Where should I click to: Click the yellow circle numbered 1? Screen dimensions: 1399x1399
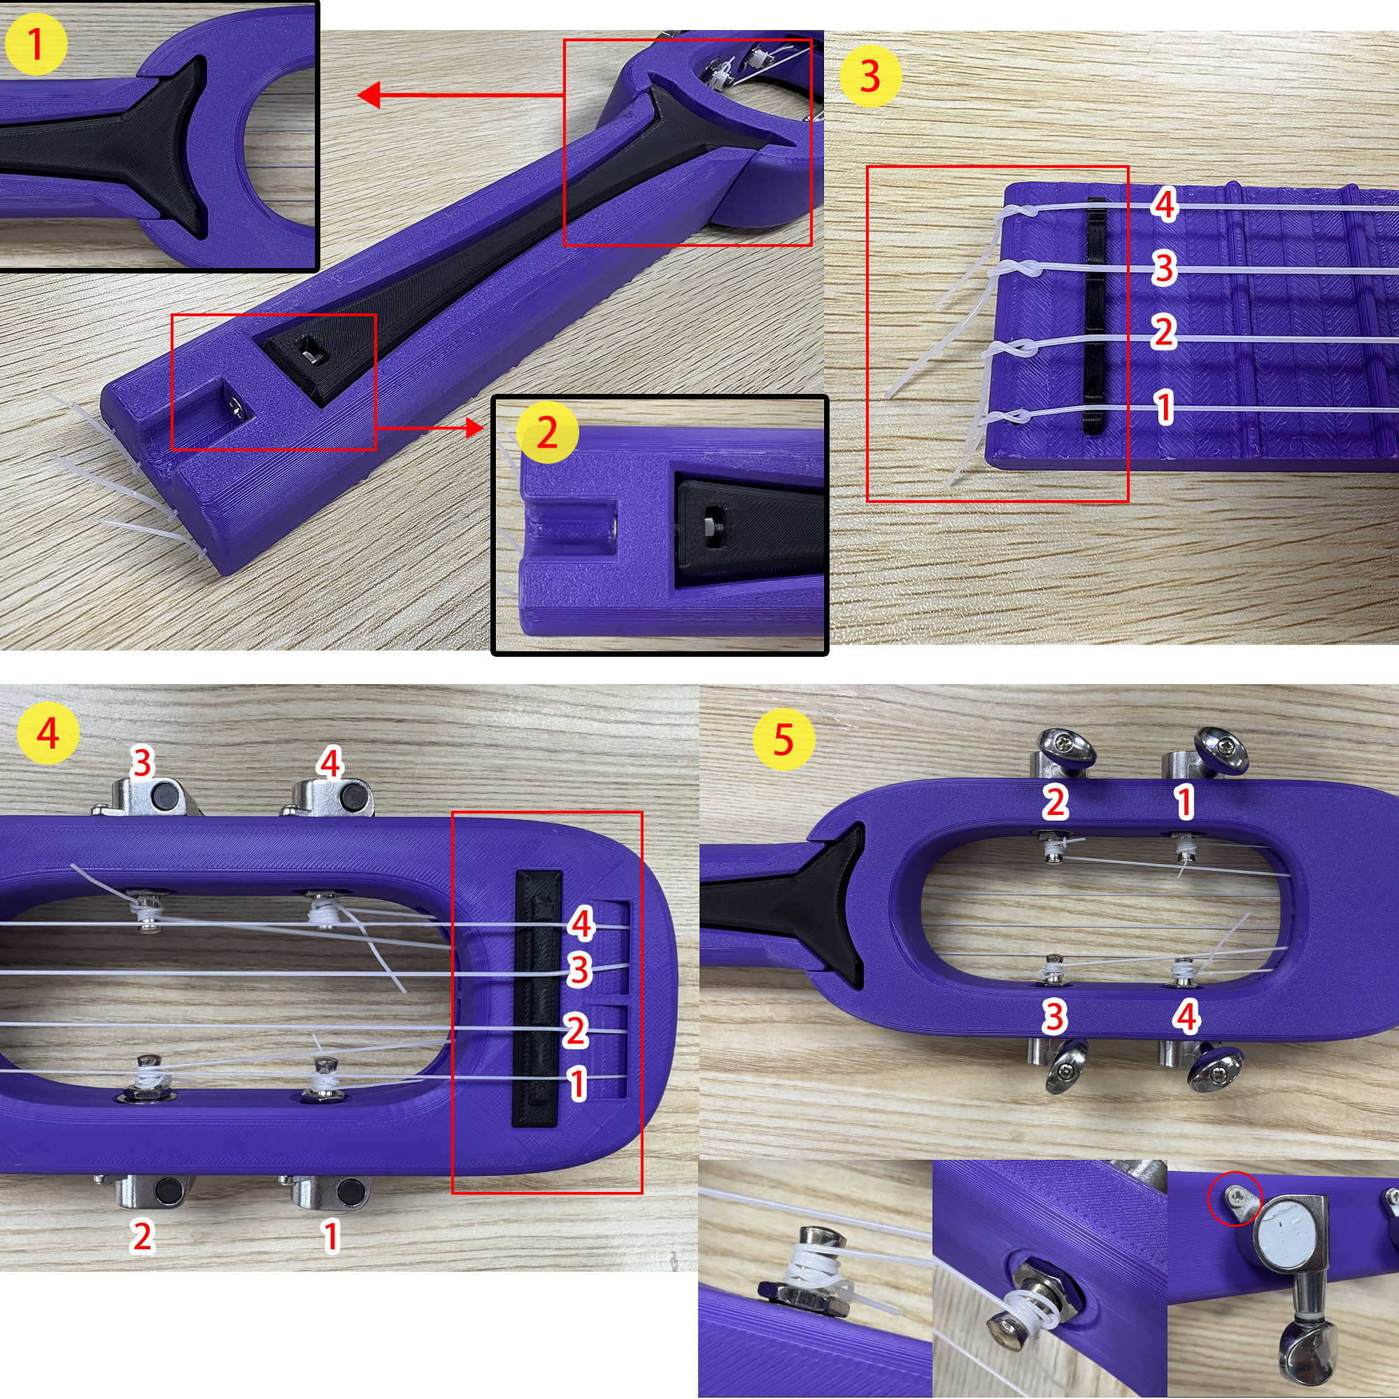36,43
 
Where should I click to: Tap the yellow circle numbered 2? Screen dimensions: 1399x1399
548,433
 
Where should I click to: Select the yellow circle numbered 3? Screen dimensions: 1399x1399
870,76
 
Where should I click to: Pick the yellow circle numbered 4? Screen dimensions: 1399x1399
48,734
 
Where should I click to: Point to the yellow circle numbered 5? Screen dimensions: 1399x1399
783,739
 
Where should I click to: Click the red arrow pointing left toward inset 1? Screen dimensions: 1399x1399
461,95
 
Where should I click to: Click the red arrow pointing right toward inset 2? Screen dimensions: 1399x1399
429,428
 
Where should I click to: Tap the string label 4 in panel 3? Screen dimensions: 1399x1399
1165,204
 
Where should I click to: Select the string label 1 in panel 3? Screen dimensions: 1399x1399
1165,407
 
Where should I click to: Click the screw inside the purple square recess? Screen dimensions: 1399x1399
237,409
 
